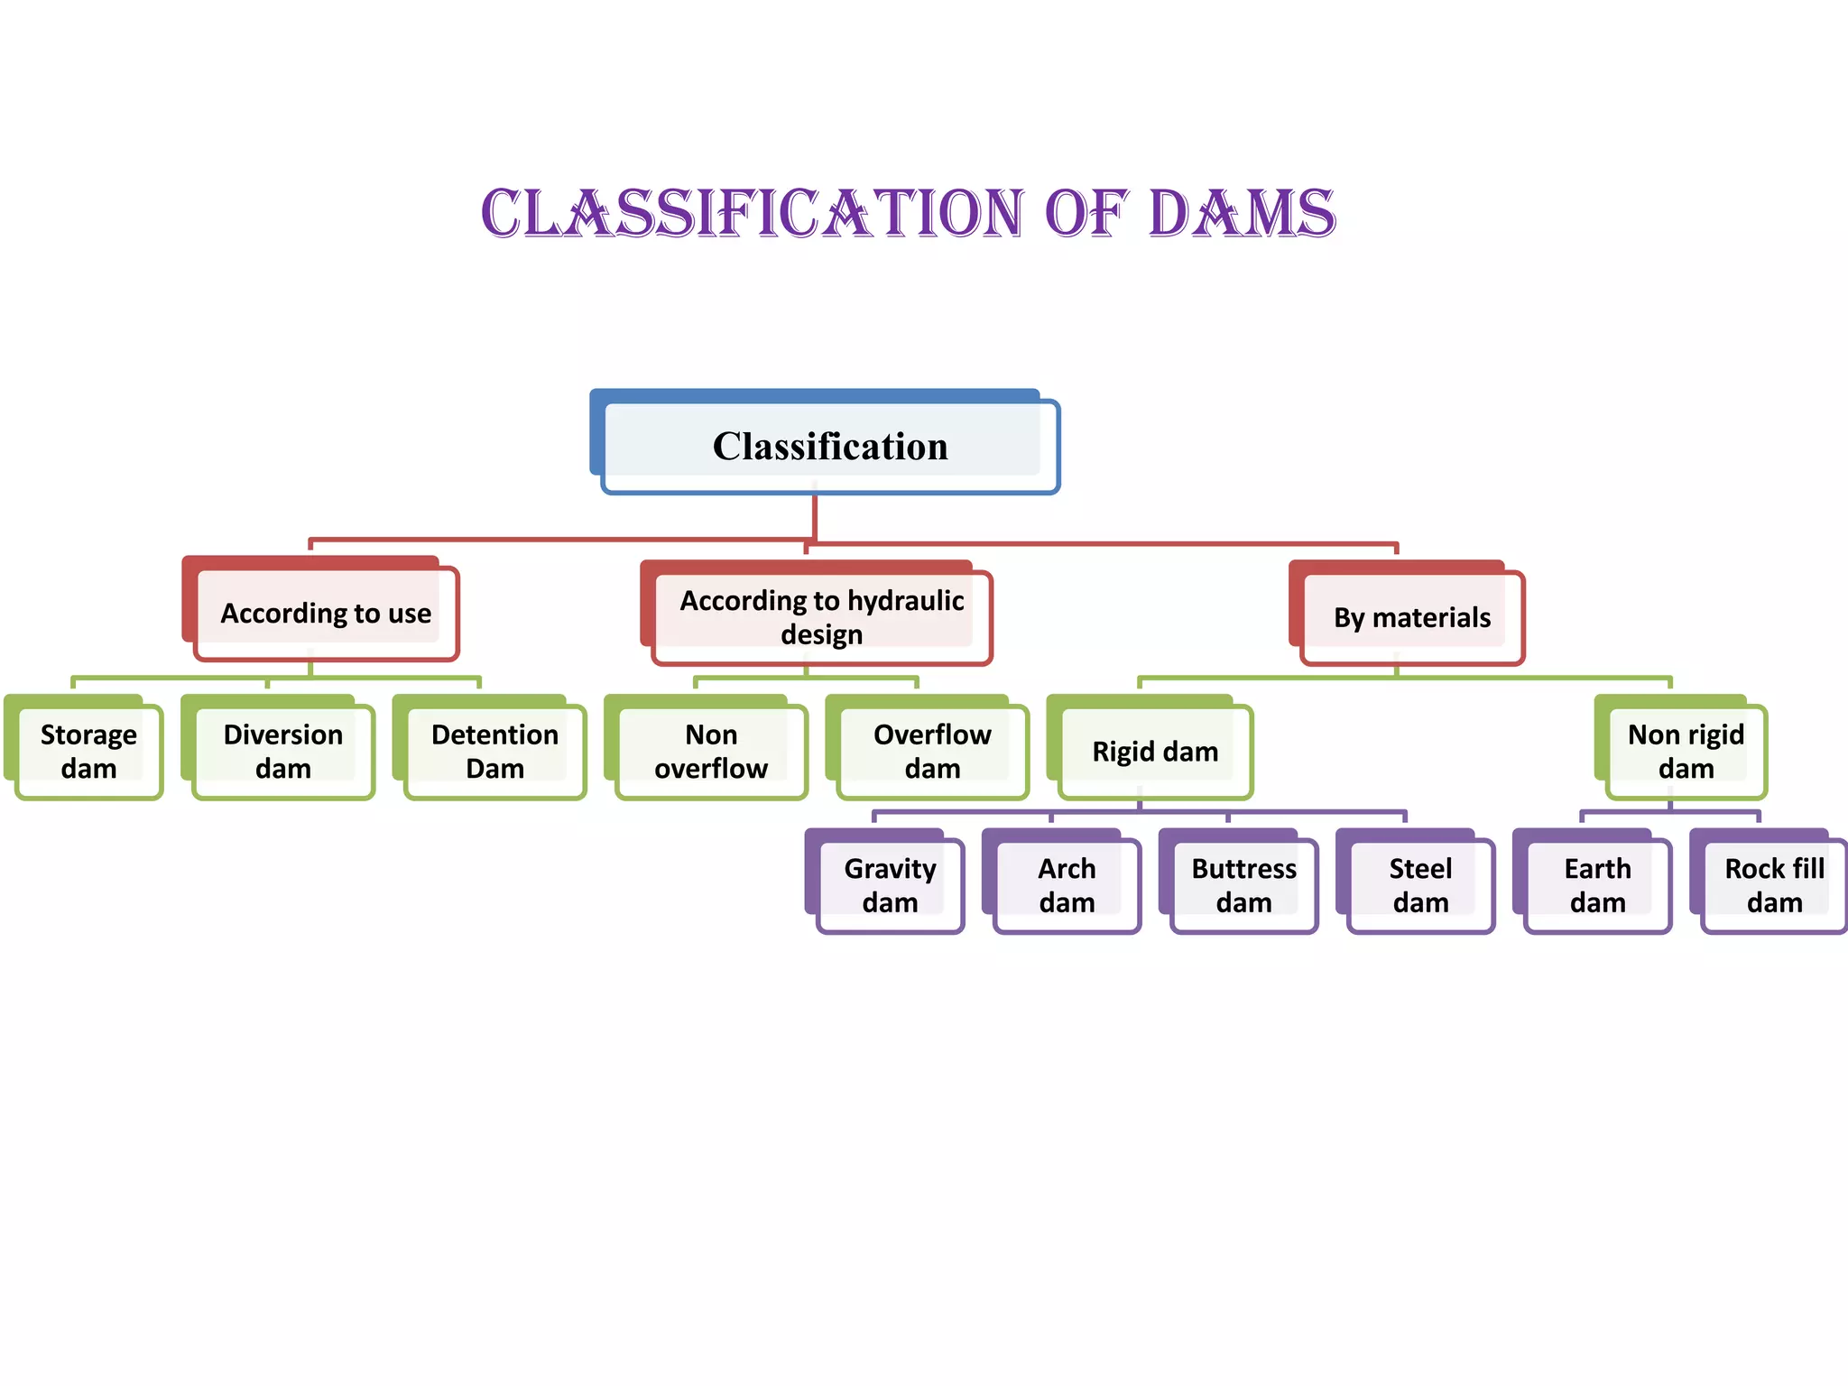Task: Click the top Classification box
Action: tap(829, 446)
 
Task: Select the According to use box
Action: tap(326, 613)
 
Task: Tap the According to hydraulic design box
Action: tap(821, 617)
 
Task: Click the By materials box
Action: tap(1411, 617)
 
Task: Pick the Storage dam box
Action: tap(88, 751)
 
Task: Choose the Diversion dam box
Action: tap(282, 751)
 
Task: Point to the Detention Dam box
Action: tap(494, 751)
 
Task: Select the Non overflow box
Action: tap(711, 751)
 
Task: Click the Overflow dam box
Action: tap(932, 751)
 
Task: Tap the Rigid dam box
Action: tap(1155, 751)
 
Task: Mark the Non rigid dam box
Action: tap(1686, 751)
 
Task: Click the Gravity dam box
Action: tap(890, 884)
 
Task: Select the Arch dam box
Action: tap(1067, 884)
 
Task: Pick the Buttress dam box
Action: tap(1243, 884)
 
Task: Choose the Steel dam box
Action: tap(1420, 884)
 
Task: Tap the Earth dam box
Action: tap(1597, 884)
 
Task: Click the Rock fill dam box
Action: tap(1774, 884)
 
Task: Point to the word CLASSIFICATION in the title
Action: tap(753, 214)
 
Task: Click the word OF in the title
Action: tap(1086, 214)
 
